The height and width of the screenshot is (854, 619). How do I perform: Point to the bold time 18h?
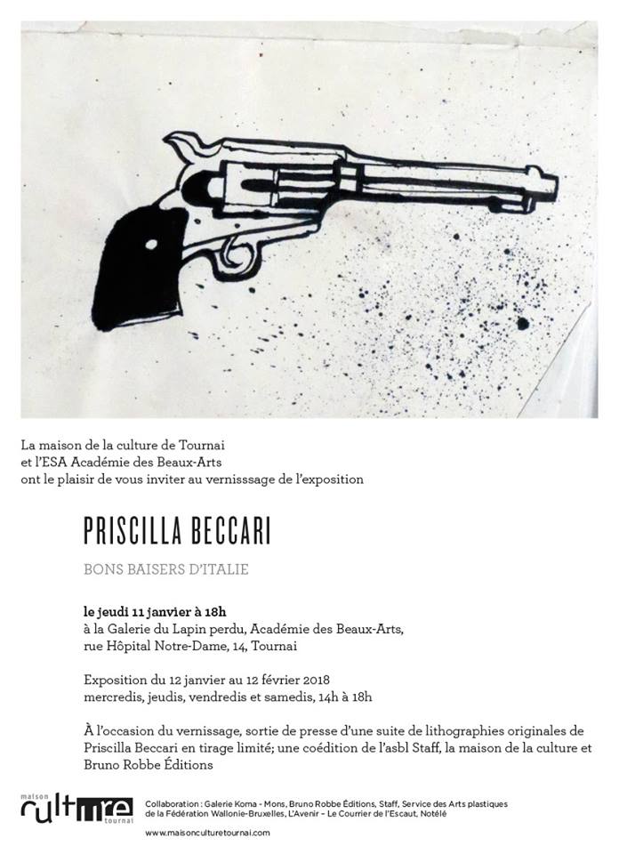coord(214,611)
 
